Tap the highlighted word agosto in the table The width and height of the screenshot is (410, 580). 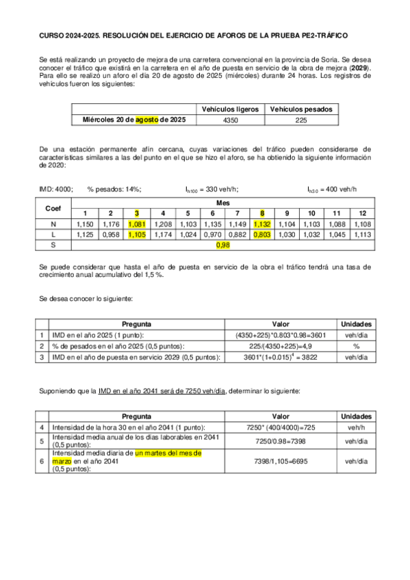point(146,120)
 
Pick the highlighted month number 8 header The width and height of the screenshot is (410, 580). point(261,213)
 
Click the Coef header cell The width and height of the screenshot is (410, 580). point(53,207)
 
